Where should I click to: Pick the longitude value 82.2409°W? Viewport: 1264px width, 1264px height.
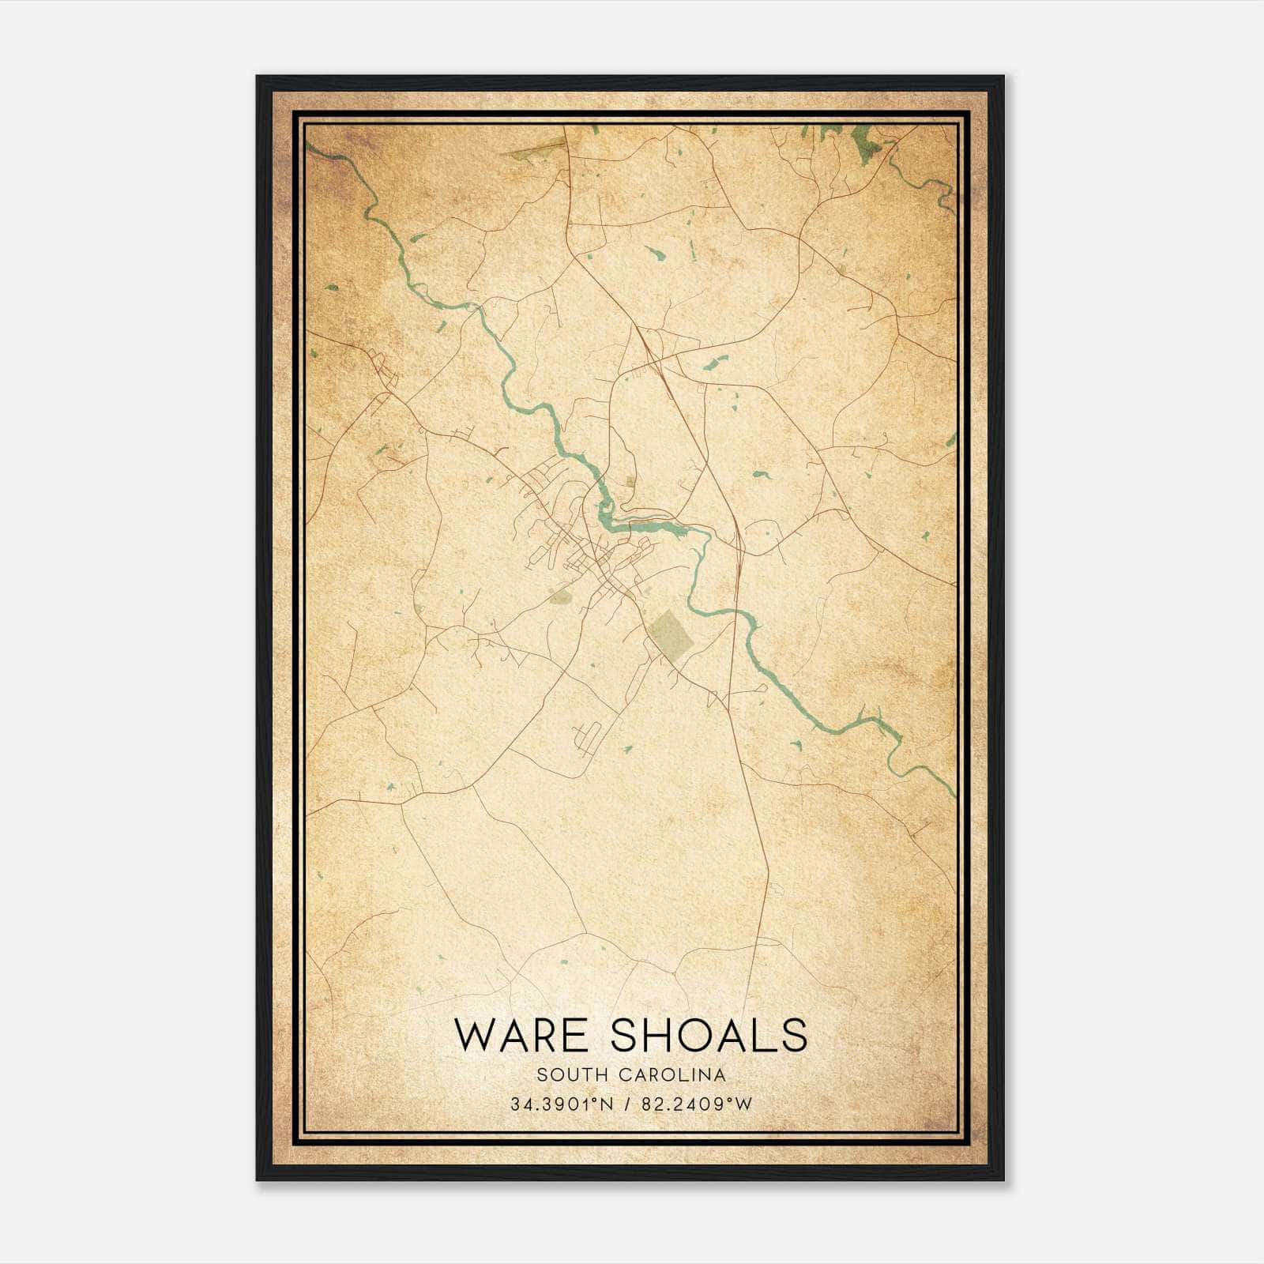pyautogui.click(x=695, y=1104)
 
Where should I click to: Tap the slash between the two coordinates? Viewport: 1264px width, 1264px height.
pyautogui.click(x=627, y=1104)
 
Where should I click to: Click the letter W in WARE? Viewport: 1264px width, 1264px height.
pyautogui.click(x=476, y=1035)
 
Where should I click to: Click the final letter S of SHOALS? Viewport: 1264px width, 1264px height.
pyautogui.click(x=794, y=1035)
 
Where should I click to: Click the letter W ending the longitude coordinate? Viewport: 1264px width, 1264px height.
pyautogui.click(x=744, y=1104)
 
